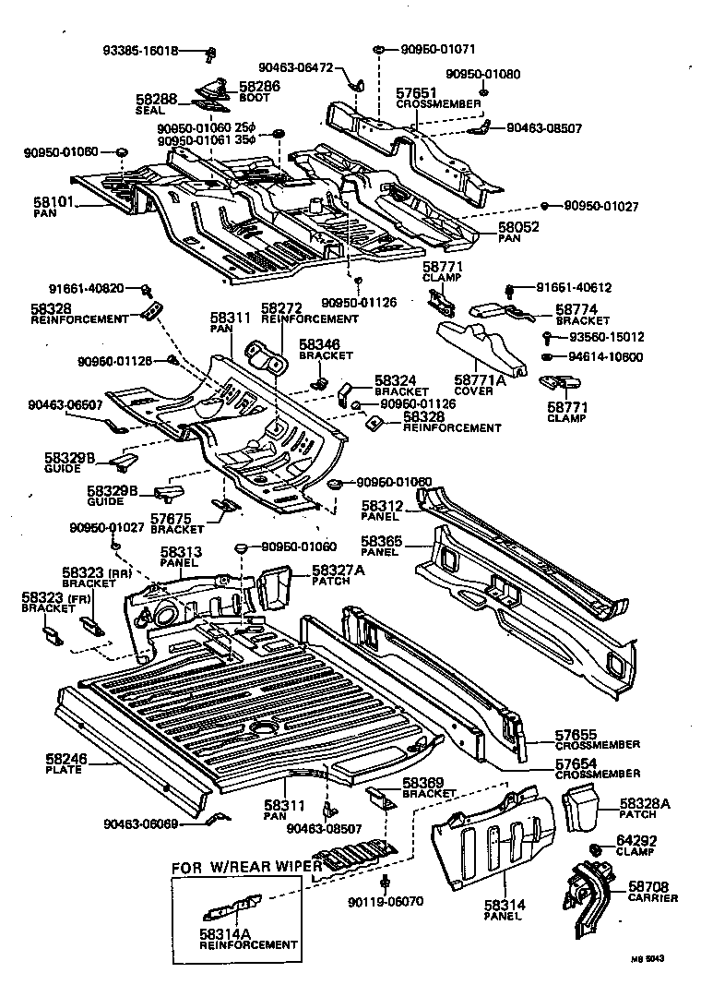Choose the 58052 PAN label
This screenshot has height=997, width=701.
519,232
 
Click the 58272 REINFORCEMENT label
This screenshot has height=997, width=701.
308,313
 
